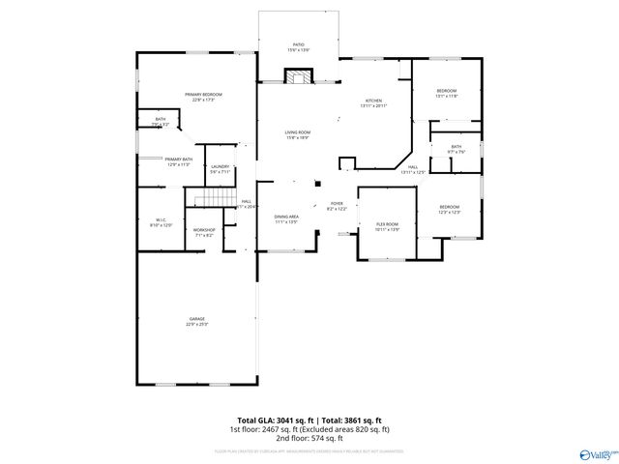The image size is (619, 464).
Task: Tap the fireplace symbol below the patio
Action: tap(299, 77)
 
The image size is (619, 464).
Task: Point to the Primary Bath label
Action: tap(179, 160)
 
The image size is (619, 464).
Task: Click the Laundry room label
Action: tap(220, 168)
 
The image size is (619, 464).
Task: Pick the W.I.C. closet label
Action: tap(162, 221)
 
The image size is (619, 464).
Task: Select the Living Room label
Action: tap(297, 133)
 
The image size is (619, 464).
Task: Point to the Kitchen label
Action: tap(374, 102)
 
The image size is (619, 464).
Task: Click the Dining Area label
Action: tap(286, 218)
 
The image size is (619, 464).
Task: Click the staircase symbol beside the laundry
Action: tap(208, 200)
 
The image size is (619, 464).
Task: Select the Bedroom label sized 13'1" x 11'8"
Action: tap(446, 93)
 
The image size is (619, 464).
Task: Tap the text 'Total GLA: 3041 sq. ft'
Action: tap(271, 421)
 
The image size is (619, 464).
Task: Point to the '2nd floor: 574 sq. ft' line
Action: tap(309, 437)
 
